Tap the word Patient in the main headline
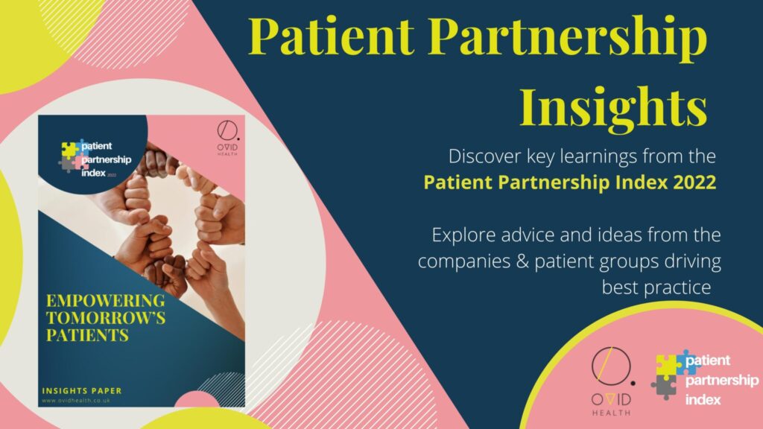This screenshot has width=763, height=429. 332,36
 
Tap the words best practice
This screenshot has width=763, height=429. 656,287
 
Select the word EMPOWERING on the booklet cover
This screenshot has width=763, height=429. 106,301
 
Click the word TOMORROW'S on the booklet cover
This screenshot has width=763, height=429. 106,318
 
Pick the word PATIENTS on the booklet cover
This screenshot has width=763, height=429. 88,335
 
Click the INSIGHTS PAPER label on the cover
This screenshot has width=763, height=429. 82,390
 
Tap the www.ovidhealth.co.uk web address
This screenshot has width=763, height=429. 76,401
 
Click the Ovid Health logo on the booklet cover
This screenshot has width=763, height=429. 228,139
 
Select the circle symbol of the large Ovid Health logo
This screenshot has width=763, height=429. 612,366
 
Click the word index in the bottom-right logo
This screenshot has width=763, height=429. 703,400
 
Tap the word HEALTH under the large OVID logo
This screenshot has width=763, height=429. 611,413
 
